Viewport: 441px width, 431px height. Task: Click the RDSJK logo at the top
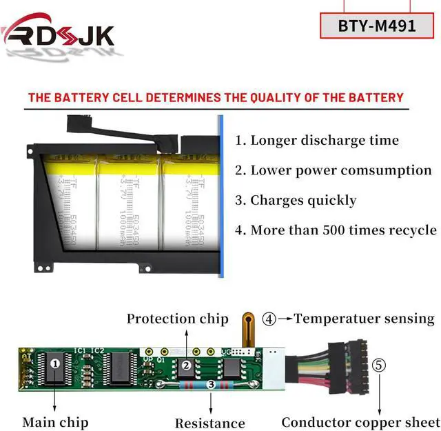click(x=58, y=34)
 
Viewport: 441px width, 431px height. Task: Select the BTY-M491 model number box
click(x=377, y=26)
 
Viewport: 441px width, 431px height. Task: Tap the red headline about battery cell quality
click(x=216, y=97)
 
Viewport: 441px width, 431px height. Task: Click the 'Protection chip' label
click(x=177, y=319)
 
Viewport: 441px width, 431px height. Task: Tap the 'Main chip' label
click(x=55, y=421)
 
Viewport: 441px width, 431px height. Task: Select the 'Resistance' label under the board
click(x=209, y=423)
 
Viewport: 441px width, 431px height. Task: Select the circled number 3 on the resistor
click(x=211, y=383)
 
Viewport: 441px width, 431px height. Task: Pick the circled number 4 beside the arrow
click(x=269, y=319)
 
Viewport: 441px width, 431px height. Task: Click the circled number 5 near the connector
click(x=378, y=363)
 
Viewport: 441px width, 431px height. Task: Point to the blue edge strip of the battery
click(x=220, y=197)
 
